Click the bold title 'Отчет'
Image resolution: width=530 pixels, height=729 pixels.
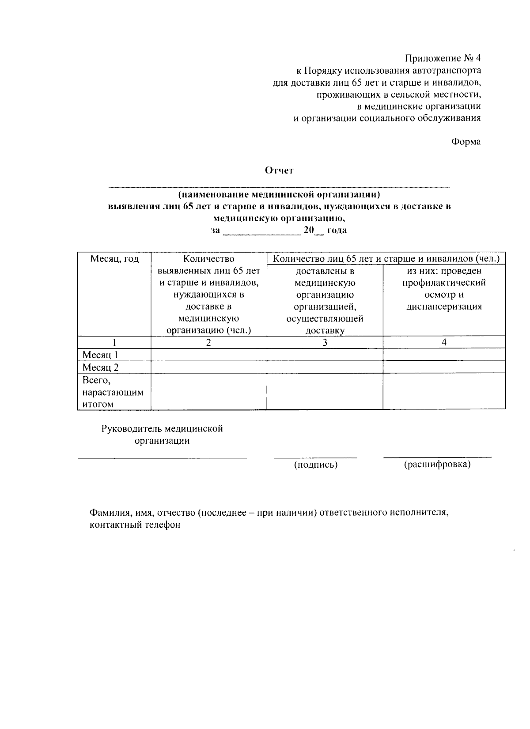pos(279,170)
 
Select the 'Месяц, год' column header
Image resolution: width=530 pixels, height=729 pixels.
pos(114,259)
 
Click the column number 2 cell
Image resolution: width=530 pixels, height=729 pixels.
pos(208,342)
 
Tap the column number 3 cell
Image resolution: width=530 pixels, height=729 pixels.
pos(325,342)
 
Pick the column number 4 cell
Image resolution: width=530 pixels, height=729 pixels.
pos(444,342)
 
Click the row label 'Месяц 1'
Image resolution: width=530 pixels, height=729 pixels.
pos(100,355)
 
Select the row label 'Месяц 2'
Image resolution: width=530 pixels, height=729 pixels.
pos(100,367)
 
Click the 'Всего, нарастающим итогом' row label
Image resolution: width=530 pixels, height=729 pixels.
pos(113,392)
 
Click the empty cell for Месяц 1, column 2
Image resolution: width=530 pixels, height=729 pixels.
pos(208,355)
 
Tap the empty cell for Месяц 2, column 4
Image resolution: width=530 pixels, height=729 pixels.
pos(444,367)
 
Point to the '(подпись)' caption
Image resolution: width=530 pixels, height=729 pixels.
pos(315,465)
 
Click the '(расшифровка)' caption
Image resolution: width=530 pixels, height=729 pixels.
pos(437,465)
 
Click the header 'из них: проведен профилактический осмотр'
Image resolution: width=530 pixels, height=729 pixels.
pos(444,289)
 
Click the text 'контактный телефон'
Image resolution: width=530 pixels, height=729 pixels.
pos(135,525)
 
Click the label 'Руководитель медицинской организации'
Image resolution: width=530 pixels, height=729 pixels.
pos(162,434)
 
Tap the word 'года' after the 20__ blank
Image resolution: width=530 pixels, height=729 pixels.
pos(337,230)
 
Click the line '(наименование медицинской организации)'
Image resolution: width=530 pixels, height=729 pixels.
pos(279,194)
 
